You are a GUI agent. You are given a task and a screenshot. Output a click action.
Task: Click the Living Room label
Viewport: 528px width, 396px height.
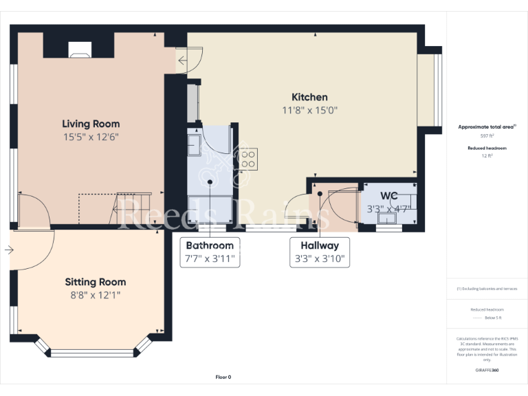pyautogui.click(x=91, y=124)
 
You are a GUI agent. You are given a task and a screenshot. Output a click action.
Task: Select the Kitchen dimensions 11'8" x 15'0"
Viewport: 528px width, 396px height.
pyautogui.click(x=309, y=110)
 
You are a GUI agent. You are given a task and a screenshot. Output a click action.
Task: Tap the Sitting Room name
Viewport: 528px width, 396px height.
pyautogui.click(x=96, y=282)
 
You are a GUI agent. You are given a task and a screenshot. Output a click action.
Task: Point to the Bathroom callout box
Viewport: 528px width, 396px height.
pyautogui.click(x=210, y=252)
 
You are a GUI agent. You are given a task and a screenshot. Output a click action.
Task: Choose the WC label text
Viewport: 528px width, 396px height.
pyautogui.click(x=388, y=196)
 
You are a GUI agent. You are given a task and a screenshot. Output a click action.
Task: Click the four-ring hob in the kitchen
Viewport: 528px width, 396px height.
pyautogui.click(x=247, y=159)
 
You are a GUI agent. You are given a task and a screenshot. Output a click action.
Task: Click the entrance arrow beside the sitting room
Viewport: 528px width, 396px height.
pyautogui.click(x=8, y=250)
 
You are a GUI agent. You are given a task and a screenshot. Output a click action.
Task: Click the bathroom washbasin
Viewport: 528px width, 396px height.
pyautogui.click(x=194, y=145)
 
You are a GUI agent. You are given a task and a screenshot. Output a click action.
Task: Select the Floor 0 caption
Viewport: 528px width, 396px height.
pyautogui.click(x=223, y=377)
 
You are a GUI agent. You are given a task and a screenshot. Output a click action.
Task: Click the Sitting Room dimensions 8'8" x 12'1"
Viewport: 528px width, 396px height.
pyautogui.click(x=96, y=295)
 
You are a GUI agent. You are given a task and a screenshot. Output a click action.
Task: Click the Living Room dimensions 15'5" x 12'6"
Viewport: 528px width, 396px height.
pyautogui.click(x=91, y=137)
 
